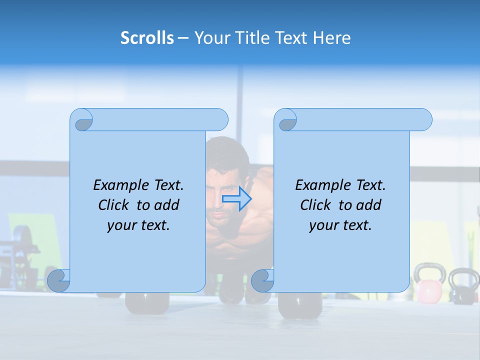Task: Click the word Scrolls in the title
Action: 147,38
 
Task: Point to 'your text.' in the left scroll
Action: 138,225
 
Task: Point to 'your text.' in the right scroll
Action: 340,225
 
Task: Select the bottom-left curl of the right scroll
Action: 262,280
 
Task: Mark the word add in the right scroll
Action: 368,205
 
